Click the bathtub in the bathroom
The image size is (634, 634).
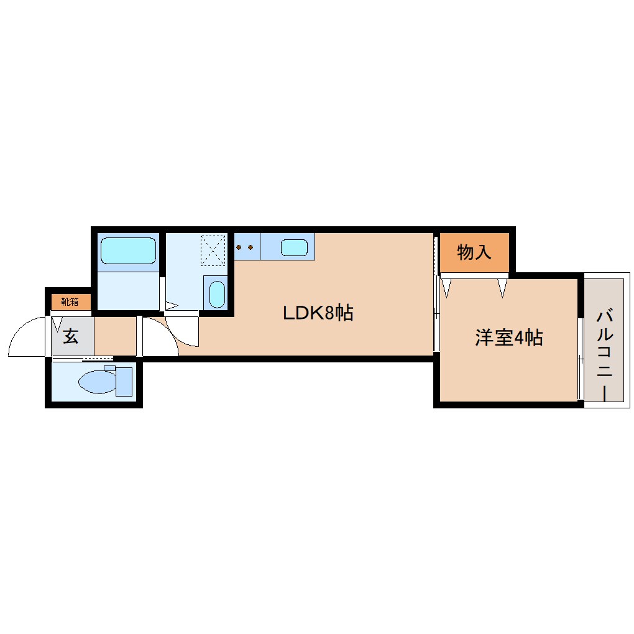(x=128, y=251)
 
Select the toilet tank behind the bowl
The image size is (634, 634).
(x=124, y=381)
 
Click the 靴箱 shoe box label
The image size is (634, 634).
(x=70, y=302)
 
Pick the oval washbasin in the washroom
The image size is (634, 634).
(x=216, y=294)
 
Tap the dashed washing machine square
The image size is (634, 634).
(x=214, y=250)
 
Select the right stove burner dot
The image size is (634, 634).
(x=250, y=247)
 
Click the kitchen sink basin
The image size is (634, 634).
(x=294, y=247)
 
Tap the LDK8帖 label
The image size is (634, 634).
(x=318, y=313)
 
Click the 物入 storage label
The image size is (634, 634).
(x=474, y=252)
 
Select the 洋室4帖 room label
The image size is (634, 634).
(x=509, y=338)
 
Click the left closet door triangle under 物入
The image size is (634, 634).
(x=447, y=287)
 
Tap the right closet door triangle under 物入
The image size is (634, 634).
(x=502, y=287)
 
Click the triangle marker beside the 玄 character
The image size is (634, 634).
(x=57, y=324)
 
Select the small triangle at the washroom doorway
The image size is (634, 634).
(x=171, y=306)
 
